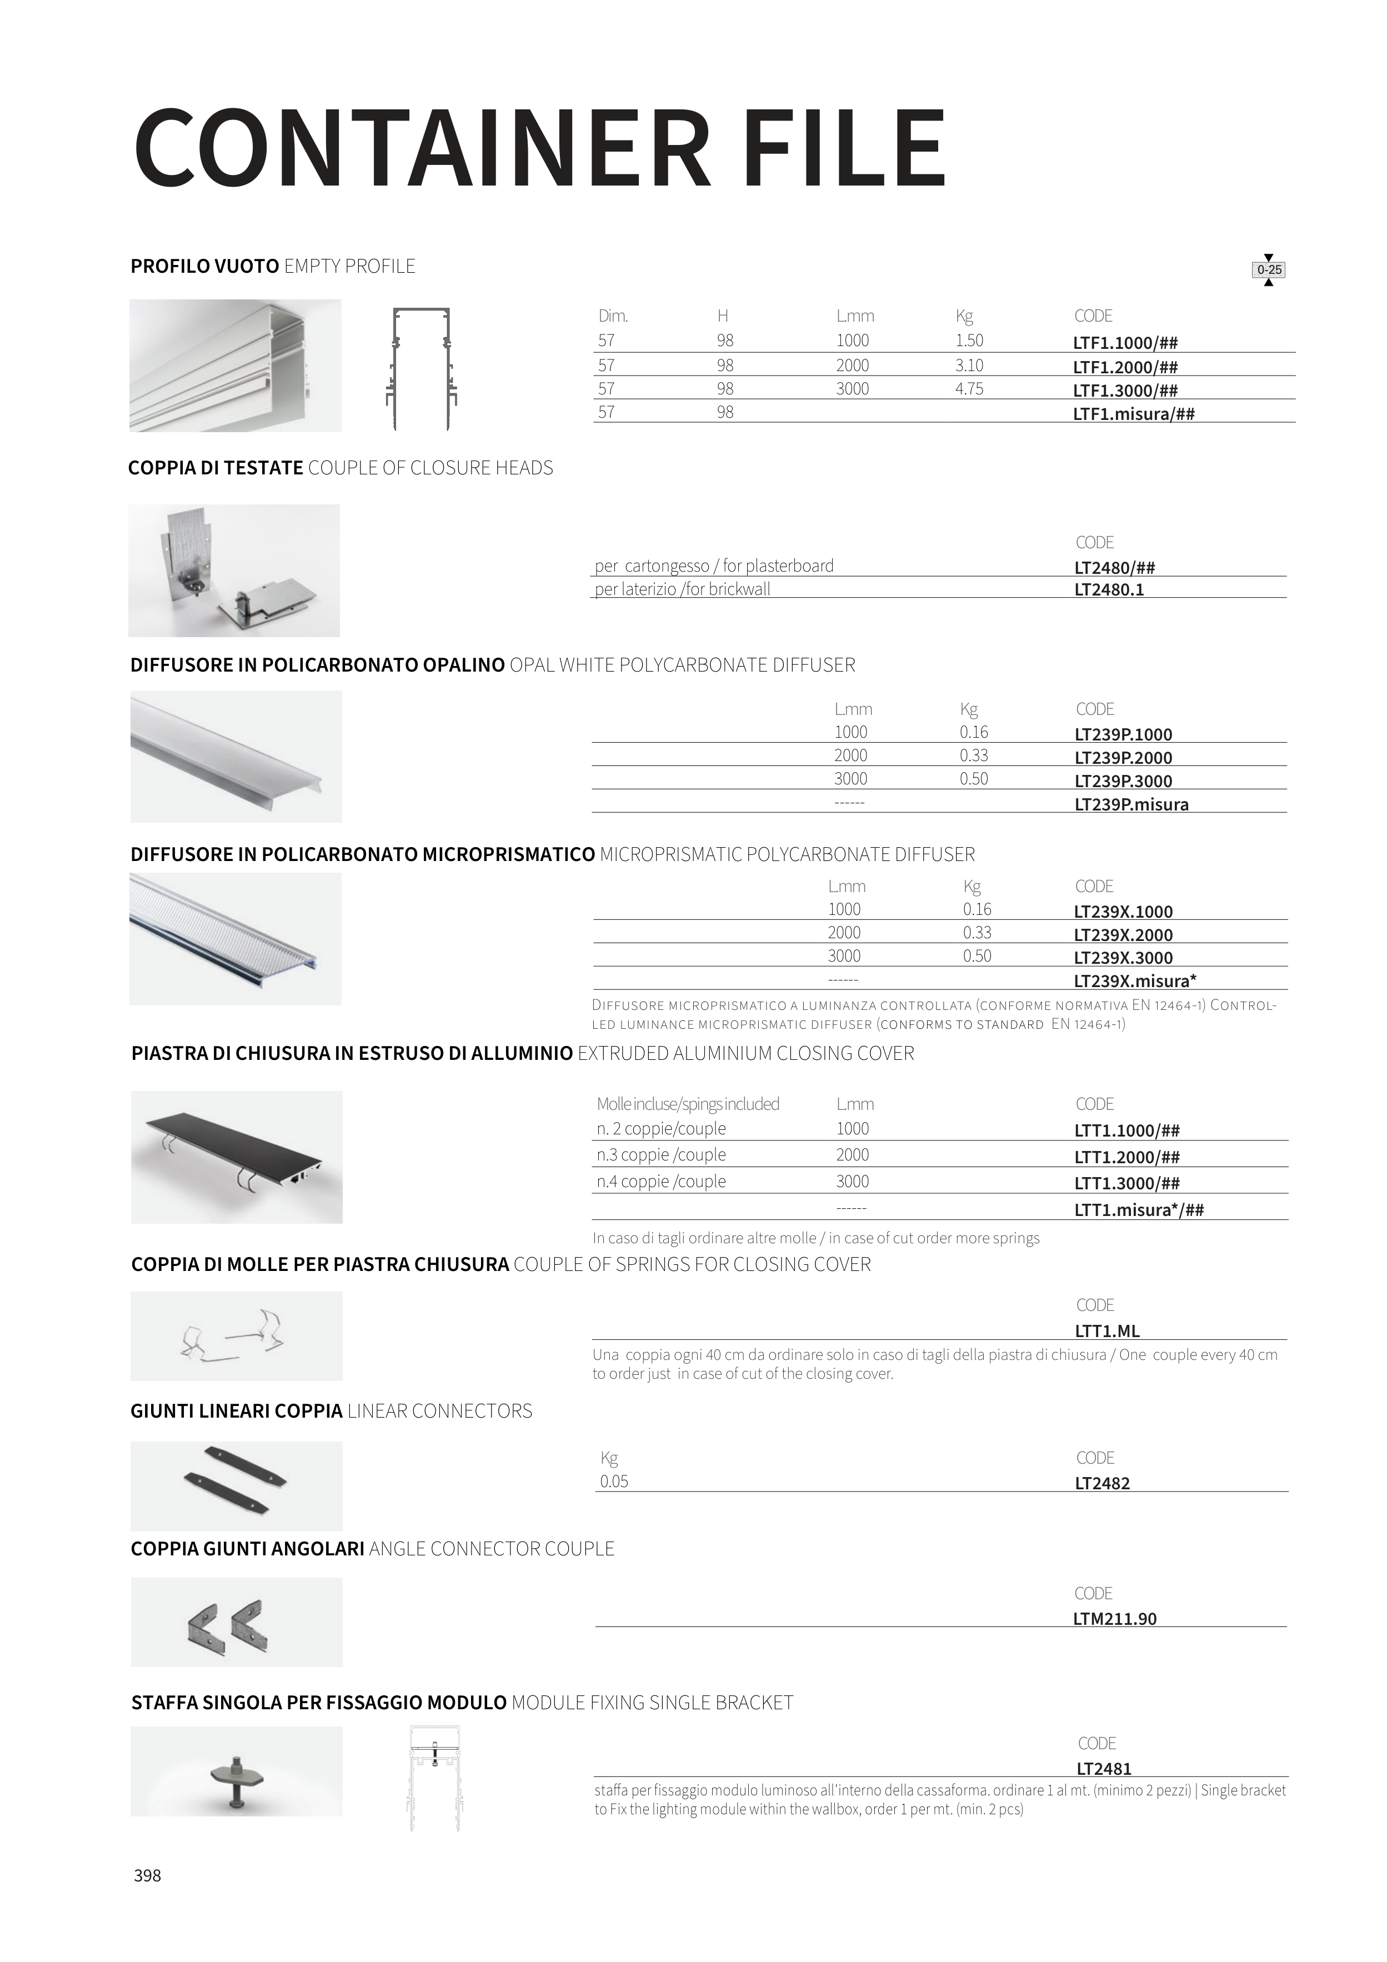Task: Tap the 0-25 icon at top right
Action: (1269, 270)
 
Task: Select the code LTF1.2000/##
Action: (1125, 367)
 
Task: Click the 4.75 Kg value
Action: (969, 389)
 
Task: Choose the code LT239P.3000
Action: (1124, 781)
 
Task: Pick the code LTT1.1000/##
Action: (1127, 1130)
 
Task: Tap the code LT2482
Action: (1103, 1484)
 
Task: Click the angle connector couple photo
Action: (237, 1622)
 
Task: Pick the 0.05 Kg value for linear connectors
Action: (614, 1481)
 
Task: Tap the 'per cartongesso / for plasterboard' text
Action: (714, 565)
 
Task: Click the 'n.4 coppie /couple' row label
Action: (662, 1182)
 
